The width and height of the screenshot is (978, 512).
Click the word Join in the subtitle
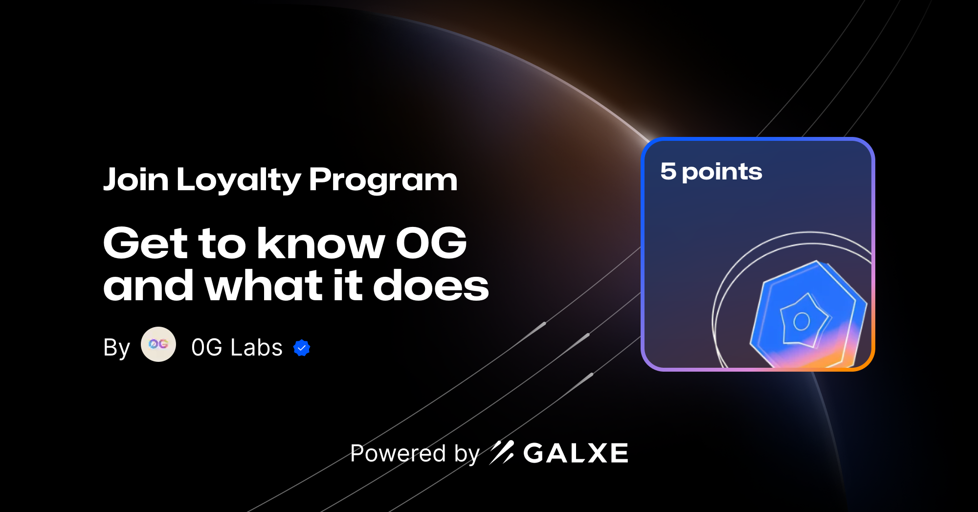pyautogui.click(x=136, y=179)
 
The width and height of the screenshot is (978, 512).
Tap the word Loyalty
pyautogui.click(x=239, y=180)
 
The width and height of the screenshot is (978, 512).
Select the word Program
pyautogui.click(x=383, y=180)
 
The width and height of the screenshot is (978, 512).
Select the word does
pyautogui.click(x=431, y=286)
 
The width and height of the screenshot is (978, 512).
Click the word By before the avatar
pyautogui.click(x=116, y=348)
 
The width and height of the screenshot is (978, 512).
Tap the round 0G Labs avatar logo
pyautogui.click(x=158, y=344)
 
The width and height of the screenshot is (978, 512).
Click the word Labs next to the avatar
pyautogui.click(x=257, y=348)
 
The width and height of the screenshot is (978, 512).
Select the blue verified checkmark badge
pyautogui.click(x=302, y=348)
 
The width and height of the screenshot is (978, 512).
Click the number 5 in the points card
pyautogui.click(x=668, y=171)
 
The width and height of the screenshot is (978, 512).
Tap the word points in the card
pyautogui.click(x=722, y=172)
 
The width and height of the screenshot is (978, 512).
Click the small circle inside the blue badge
pyautogui.click(x=801, y=321)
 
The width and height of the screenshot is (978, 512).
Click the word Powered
pyautogui.click(x=398, y=453)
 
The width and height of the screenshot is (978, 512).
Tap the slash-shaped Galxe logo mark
pyautogui.click(x=502, y=452)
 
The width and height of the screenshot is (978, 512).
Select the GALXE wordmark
pyautogui.click(x=576, y=453)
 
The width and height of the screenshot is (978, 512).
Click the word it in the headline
pyautogui.click(x=348, y=286)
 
